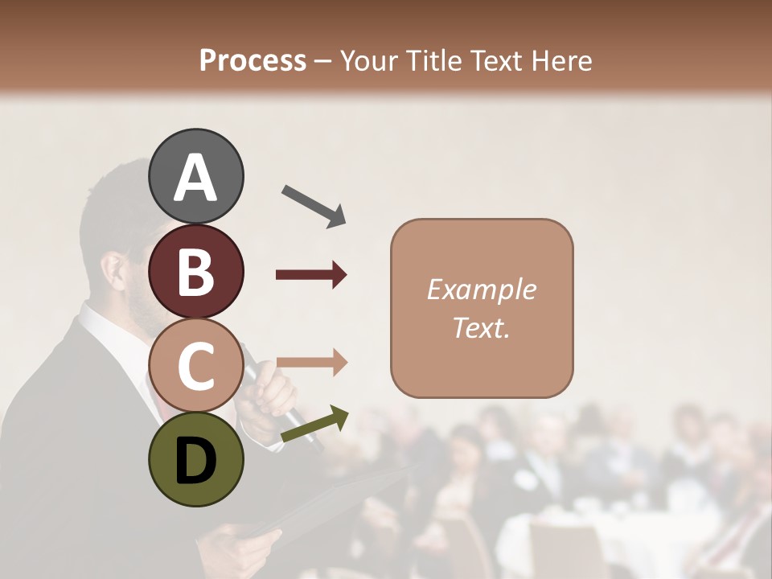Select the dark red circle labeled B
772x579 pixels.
(195, 271)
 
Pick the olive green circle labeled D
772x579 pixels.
(195, 459)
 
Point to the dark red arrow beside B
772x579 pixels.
(311, 275)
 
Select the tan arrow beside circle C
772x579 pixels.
(311, 363)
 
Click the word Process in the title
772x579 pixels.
(253, 61)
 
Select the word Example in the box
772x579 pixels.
(481, 289)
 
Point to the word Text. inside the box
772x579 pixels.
(481, 327)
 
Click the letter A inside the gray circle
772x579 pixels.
(195, 177)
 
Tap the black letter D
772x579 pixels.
(195, 461)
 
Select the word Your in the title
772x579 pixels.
(367, 61)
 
